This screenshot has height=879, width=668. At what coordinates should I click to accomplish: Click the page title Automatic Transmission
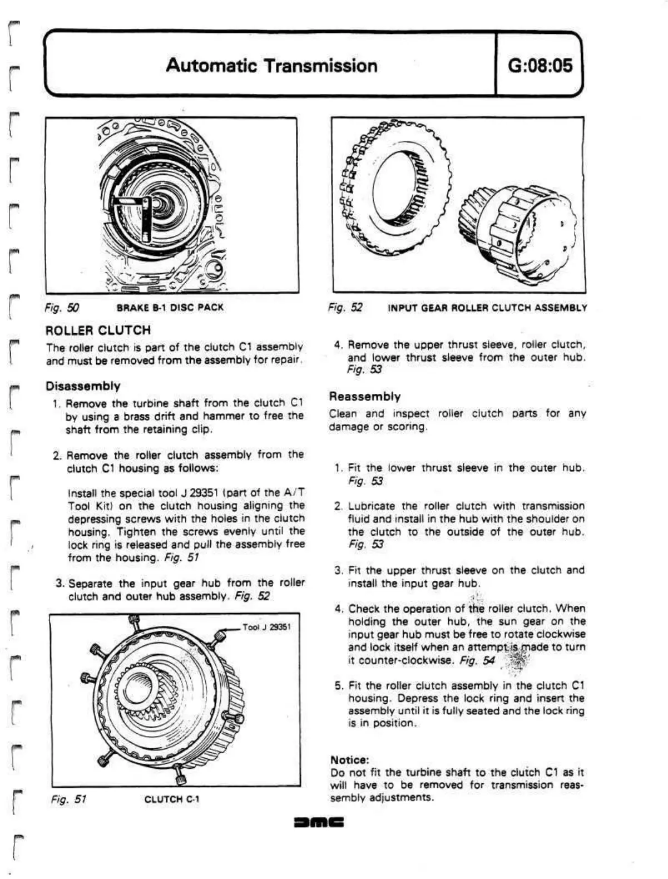pyautogui.click(x=271, y=66)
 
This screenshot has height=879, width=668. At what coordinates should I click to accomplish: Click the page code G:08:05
pyautogui.click(x=540, y=66)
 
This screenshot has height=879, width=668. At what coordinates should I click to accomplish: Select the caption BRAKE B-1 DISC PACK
pyautogui.click(x=170, y=307)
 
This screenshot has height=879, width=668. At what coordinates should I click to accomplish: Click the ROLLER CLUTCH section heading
pyautogui.click(x=98, y=330)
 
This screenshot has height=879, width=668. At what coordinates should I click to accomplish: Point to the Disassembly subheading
pyautogui.click(x=83, y=386)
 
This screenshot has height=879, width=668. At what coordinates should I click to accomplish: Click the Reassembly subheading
pyautogui.click(x=365, y=397)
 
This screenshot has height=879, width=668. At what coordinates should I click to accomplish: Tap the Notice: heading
pyautogui.click(x=350, y=759)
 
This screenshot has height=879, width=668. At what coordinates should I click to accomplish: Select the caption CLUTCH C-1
pyautogui.click(x=172, y=799)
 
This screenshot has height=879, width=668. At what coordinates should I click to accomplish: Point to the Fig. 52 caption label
pyautogui.click(x=345, y=307)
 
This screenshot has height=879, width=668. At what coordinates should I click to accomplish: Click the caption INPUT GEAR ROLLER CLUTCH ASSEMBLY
pyautogui.click(x=487, y=307)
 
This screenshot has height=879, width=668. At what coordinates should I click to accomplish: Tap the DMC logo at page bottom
pyautogui.click(x=319, y=821)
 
